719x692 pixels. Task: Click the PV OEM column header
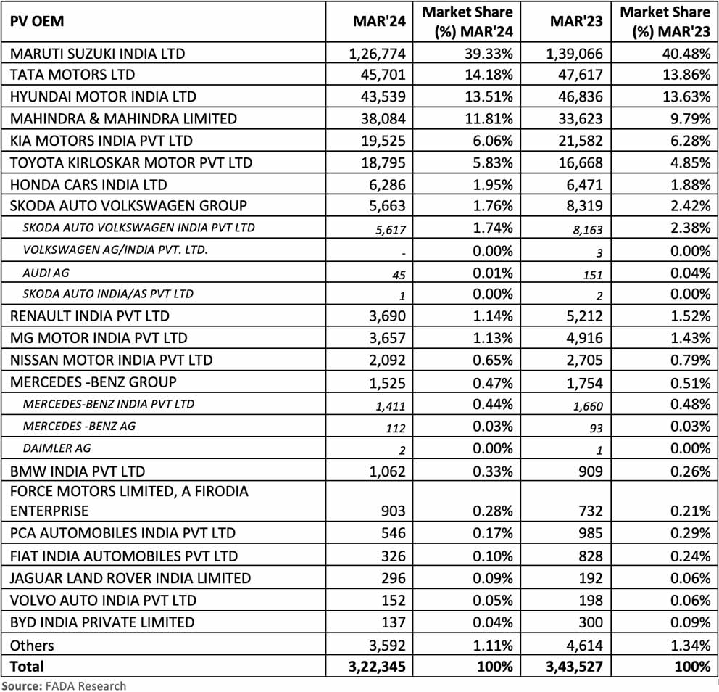(37, 21)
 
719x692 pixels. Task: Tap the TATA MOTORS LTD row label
(72, 75)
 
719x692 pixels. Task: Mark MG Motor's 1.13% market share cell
(492, 338)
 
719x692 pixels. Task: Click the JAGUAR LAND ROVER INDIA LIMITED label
(130, 578)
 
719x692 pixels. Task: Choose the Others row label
(32, 645)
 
